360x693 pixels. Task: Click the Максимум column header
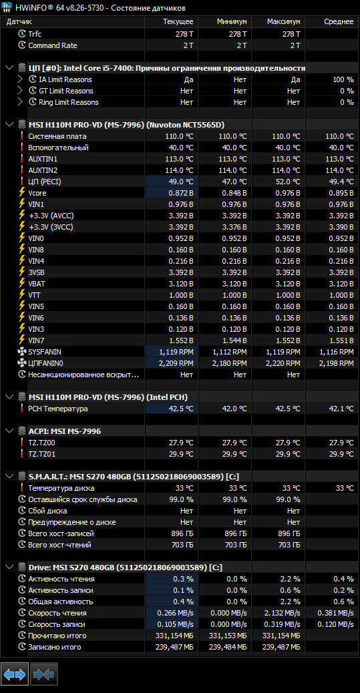click(283, 21)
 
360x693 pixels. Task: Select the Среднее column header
click(339, 21)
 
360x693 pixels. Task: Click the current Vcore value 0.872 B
click(181, 193)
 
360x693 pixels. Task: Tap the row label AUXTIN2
click(43, 170)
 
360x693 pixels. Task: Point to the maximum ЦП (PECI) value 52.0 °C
click(287, 182)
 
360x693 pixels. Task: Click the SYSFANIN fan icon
click(22, 352)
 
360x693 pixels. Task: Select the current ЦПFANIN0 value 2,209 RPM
click(176, 363)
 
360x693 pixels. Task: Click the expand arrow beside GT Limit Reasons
click(20, 91)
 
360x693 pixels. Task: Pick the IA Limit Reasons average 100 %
click(343, 79)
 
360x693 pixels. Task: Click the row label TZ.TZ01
click(41, 454)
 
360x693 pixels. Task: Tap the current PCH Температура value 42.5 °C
click(181, 409)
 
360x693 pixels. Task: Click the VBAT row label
click(37, 284)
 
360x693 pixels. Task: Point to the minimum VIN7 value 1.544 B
click(234, 340)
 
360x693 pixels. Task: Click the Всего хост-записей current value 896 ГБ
click(182, 533)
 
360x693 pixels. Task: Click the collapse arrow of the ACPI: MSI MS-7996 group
click(9, 431)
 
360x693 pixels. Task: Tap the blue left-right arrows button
click(15, 674)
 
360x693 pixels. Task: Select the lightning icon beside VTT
click(21, 295)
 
